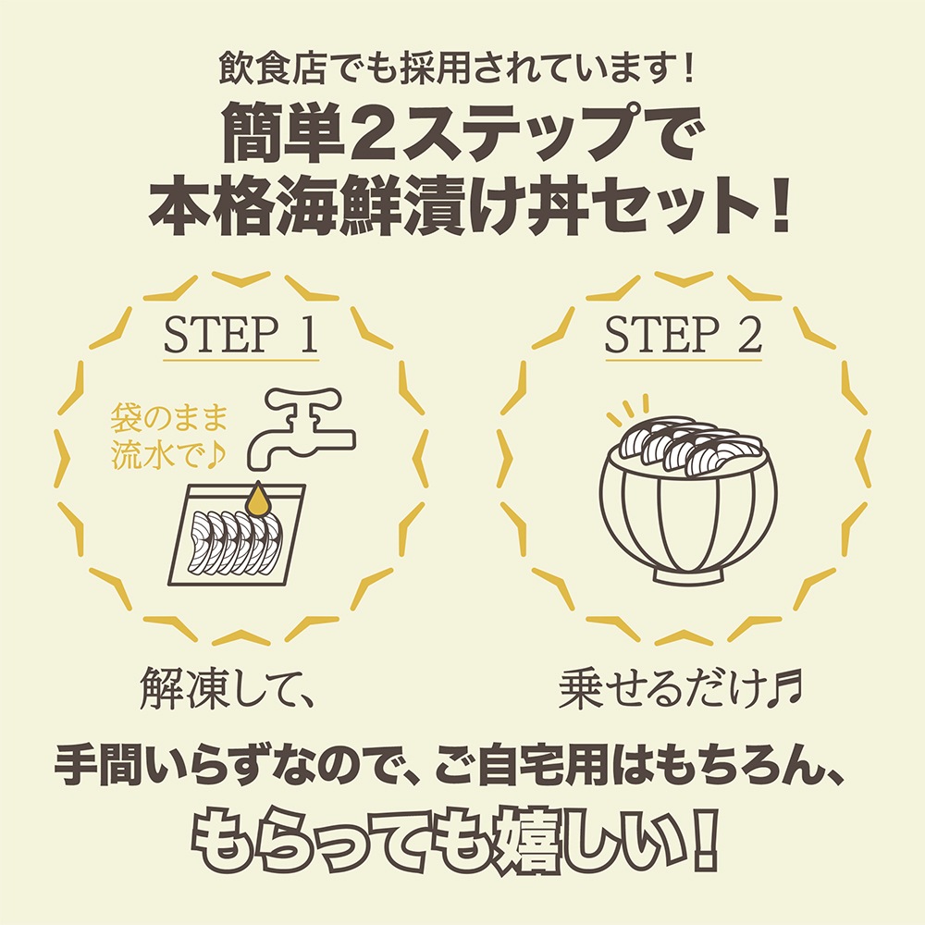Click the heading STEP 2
(683, 337)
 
